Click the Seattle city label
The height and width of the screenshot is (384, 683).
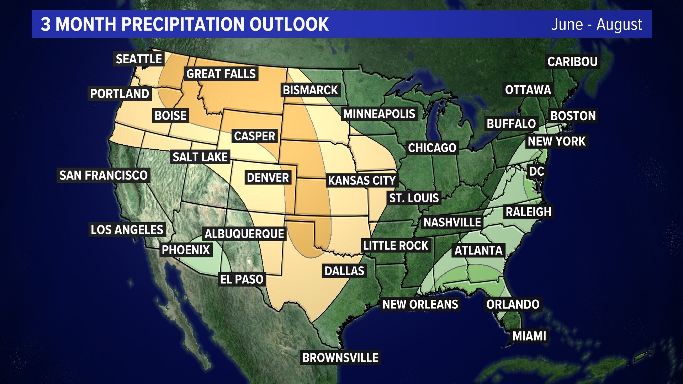[139, 59]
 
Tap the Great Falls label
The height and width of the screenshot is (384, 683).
[221, 74]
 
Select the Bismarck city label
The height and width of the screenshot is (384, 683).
[310, 90]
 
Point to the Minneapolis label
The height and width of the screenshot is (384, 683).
[379, 114]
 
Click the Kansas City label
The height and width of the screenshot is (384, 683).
[362, 181]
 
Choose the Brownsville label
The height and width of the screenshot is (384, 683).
[340, 358]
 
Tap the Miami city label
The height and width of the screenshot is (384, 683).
[529, 336]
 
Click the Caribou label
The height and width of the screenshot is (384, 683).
[572, 62]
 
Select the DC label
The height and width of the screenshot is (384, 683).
[536, 171]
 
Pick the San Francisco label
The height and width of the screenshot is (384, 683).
[103, 175]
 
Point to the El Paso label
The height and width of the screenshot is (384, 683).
[242, 279]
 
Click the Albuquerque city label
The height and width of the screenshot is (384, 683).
[244, 234]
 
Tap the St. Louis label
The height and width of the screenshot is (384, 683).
[414, 198]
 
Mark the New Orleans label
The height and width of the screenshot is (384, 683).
[420, 304]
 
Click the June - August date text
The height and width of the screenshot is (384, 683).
[596, 25]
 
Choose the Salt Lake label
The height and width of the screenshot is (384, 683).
[200, 157]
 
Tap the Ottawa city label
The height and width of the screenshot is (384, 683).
[528, 90]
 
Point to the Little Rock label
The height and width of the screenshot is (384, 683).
[396, 246]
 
